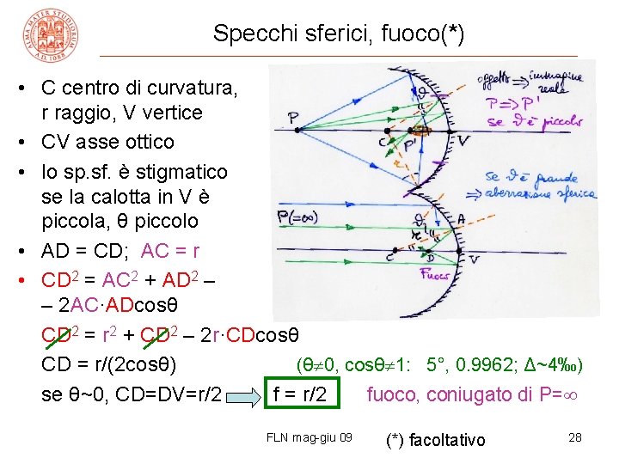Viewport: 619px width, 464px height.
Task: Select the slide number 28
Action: (575, 437)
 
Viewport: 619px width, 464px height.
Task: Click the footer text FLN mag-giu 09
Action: (309, 437)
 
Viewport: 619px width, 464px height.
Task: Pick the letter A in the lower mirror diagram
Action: (461, 220)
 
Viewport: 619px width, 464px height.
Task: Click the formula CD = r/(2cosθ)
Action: (109, 365)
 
